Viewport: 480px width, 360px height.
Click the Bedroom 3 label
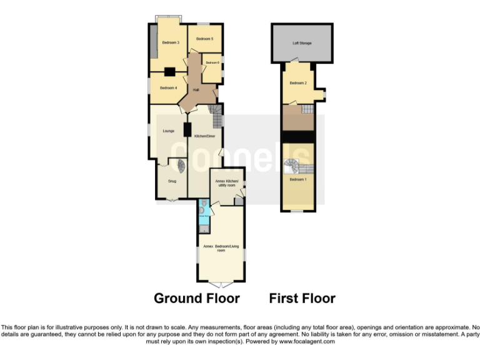tap(170, 42)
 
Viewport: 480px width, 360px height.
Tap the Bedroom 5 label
tap(204, 39)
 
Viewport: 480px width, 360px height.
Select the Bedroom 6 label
tap(212, 62)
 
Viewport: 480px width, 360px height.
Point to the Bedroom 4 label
tap(169, 88)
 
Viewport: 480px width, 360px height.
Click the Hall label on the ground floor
tap(196, 91)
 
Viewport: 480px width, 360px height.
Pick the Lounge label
tap(168, 131)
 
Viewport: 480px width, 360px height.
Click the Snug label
tap(172, 181)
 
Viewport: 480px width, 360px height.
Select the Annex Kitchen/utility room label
tap(226, 183)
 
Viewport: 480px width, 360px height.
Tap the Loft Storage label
tap(302, 43)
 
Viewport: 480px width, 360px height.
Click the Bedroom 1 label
tap(297, 179)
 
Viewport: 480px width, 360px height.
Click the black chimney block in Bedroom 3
tap(169, 71)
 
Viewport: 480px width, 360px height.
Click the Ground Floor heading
tap(196, 298)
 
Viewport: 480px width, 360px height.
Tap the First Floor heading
tap(302, 298)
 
